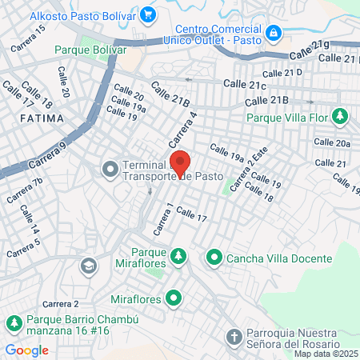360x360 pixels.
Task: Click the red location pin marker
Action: point(181,162)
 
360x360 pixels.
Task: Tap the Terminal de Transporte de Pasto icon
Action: point(110,168)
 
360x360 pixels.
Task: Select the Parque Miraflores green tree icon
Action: point(180,256)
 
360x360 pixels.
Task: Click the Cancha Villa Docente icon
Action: point(214,258)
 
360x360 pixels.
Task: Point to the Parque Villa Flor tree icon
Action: point(339,117)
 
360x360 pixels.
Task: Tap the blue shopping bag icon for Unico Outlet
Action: point(274,33)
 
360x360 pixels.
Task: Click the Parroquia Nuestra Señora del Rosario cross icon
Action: point(233,337)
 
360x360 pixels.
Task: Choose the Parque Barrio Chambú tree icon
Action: point(14,323)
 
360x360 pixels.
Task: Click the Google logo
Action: point(26,350)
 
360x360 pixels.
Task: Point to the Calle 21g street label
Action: point(309,50)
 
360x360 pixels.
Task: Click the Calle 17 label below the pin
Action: point(191,214)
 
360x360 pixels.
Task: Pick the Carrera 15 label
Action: point(28,38)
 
